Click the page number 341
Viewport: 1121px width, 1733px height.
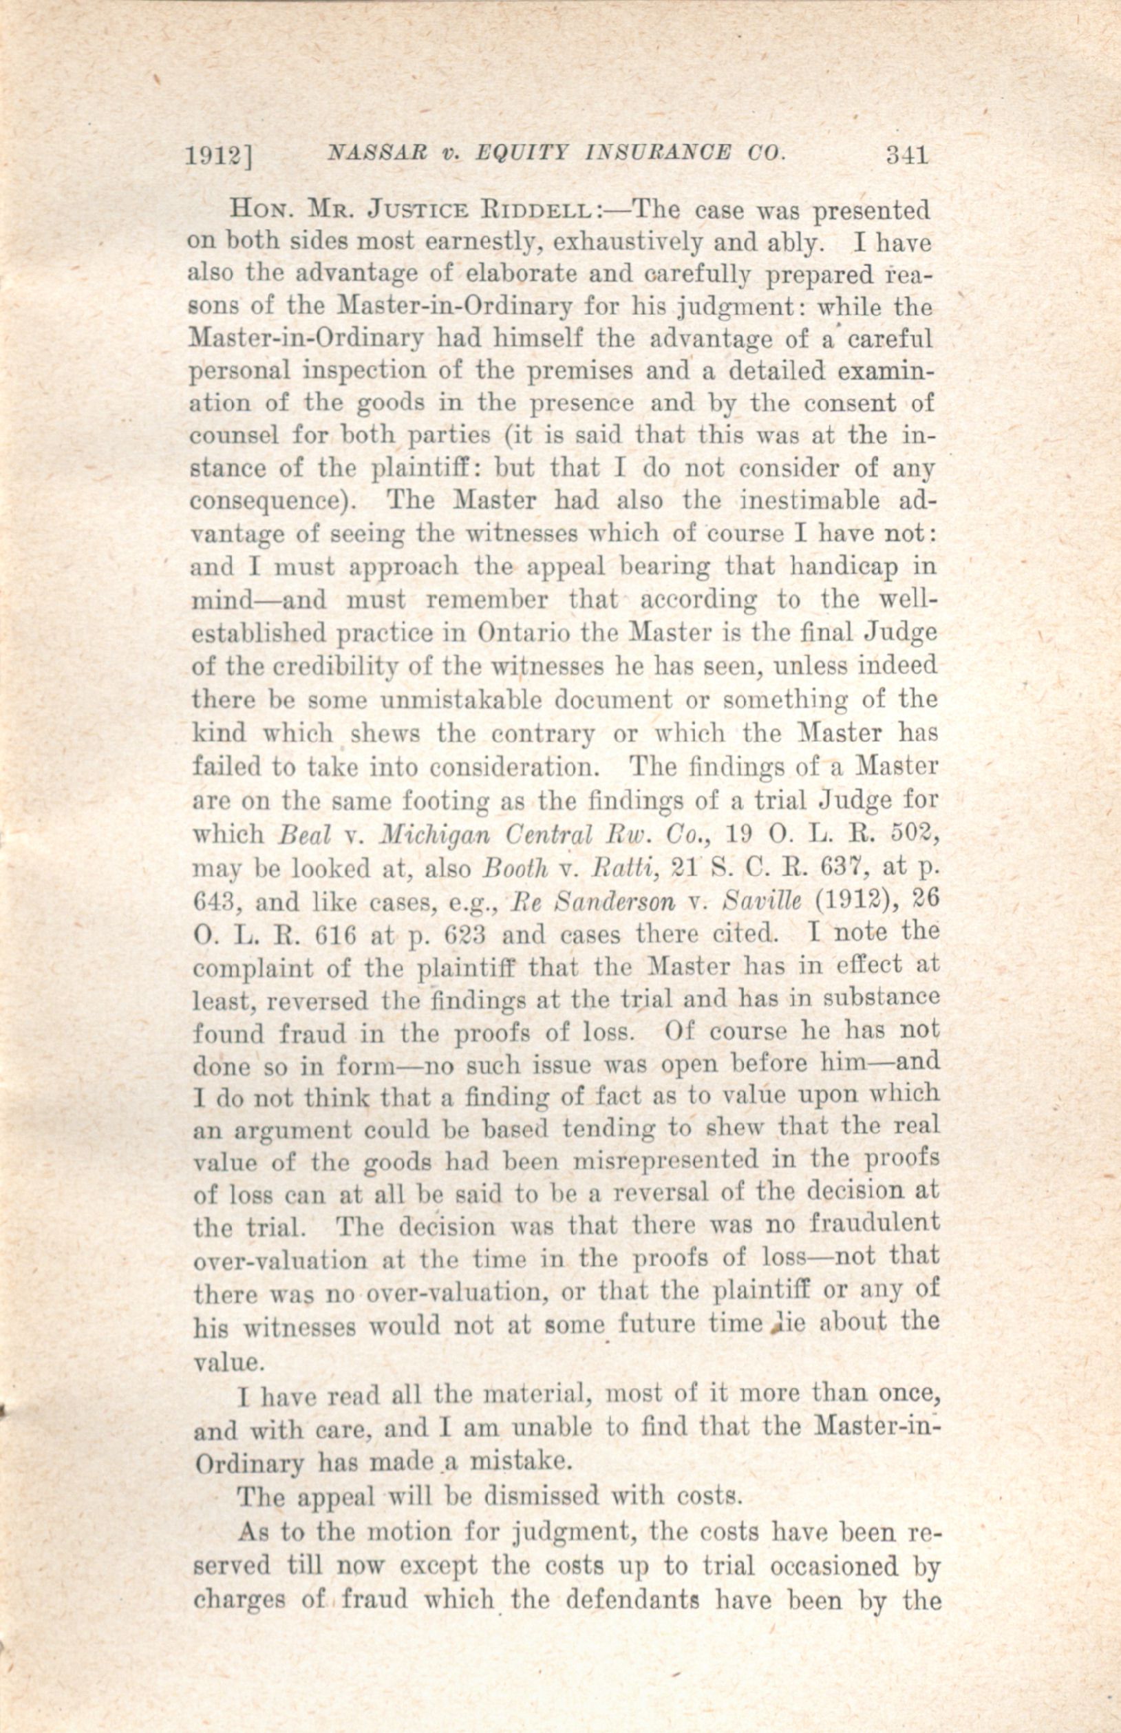click(907, 155)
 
